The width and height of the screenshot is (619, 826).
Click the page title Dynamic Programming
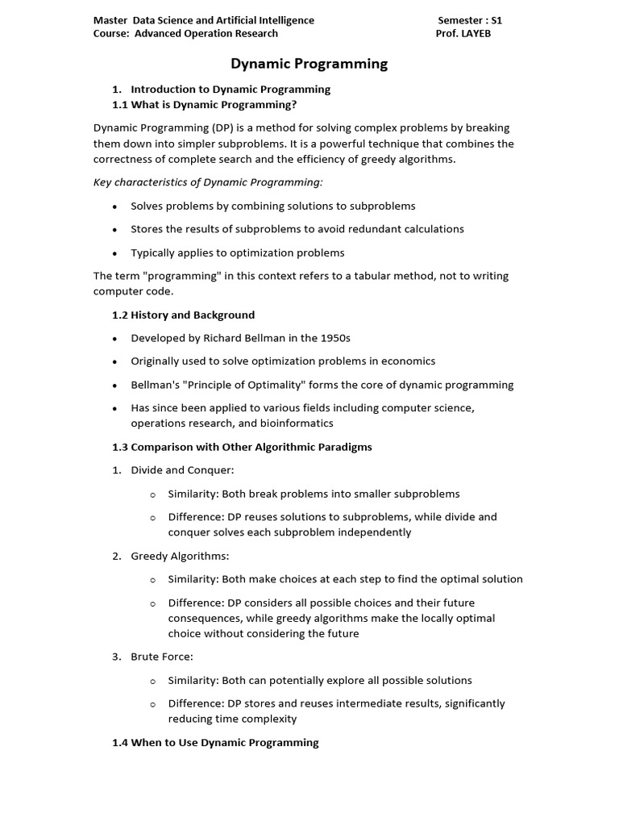309,64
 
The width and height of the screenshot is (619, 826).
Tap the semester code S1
495,20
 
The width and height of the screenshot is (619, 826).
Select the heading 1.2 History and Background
183,315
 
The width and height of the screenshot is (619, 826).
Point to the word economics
408,361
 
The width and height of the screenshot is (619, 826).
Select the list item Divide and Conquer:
182,470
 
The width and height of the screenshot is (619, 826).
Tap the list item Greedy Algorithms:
180,556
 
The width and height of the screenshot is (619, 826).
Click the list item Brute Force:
162,657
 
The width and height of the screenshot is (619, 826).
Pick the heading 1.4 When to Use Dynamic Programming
215,742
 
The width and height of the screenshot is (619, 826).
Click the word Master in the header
110,20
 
